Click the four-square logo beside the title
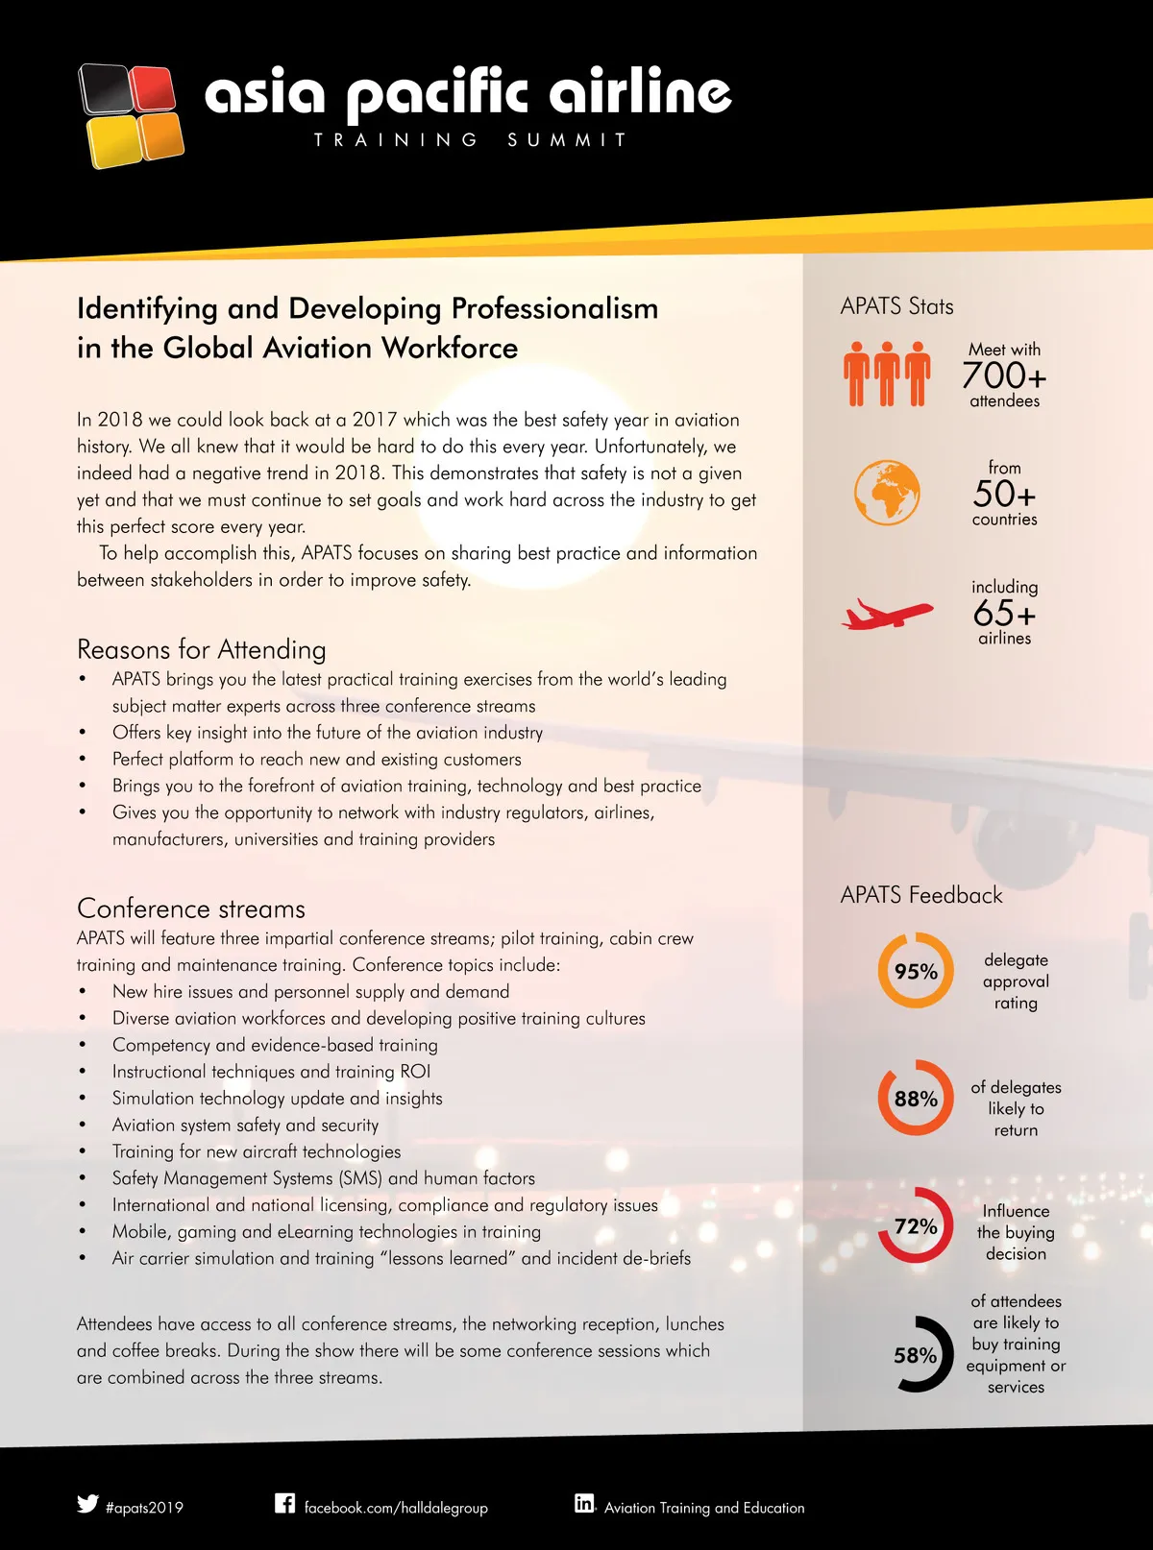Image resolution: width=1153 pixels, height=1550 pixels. (131, 115)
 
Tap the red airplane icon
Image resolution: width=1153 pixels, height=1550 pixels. (887, 613)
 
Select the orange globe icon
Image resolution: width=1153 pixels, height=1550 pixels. (887, 493)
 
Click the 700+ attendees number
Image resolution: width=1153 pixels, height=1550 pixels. (1004, 375)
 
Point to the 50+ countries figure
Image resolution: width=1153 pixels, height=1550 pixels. (1004, 494)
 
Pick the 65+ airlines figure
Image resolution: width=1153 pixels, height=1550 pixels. (1004, 613)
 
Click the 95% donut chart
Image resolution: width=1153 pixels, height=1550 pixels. (916, 971)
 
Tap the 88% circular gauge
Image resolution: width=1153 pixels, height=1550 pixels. (916, 1098)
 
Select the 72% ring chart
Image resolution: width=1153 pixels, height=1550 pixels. (916, 1225)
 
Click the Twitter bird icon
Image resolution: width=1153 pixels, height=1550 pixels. (87, 1504)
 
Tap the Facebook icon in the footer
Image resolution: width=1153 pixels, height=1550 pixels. (285, 1503)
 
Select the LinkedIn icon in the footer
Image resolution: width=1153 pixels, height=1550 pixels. (584, 1503)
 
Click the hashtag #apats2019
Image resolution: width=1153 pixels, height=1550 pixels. (144, 1508)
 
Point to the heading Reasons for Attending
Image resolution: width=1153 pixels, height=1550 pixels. (202, 650)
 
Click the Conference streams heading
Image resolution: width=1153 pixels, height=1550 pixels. (191, 908)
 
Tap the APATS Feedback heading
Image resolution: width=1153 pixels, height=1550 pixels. (920, 895)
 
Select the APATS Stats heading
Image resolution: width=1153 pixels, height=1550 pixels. (896, 306)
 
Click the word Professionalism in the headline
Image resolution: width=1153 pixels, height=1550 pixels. (554, 308)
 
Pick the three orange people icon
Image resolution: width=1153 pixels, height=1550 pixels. (887, 374)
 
